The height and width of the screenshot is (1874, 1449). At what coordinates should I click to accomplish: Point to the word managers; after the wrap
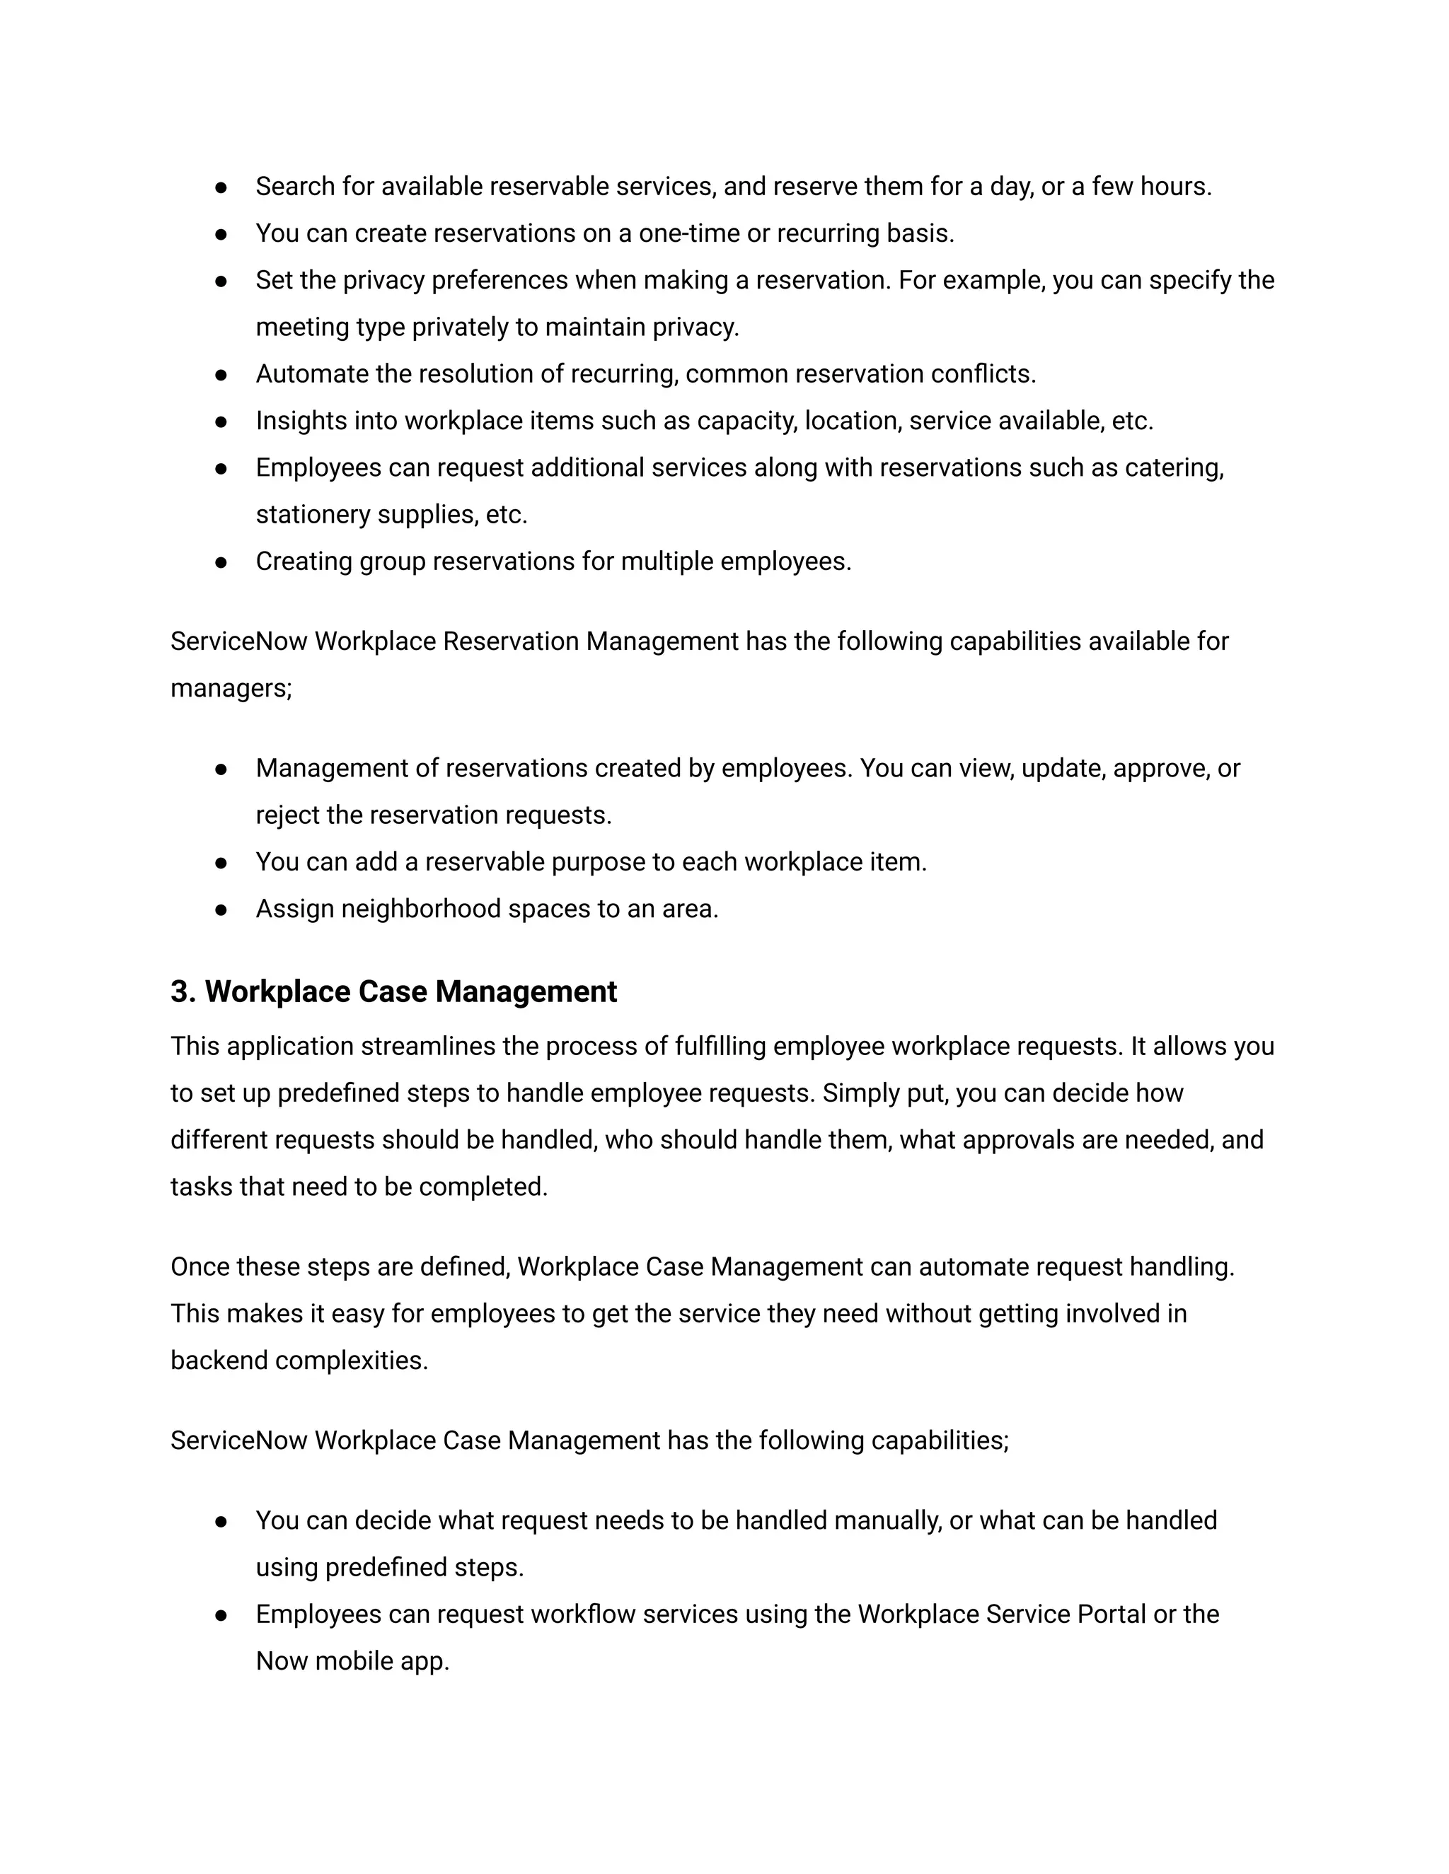point(231,688)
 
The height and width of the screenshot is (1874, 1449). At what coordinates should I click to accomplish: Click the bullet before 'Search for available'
point(221,187)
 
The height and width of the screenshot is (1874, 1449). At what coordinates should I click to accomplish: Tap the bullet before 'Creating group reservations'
point(221,562)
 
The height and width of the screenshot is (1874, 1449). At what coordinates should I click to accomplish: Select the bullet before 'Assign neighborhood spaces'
point(221,909)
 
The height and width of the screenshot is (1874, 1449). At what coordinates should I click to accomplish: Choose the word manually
point(887,1521)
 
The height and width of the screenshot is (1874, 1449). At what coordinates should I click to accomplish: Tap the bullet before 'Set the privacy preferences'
point(221,281)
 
